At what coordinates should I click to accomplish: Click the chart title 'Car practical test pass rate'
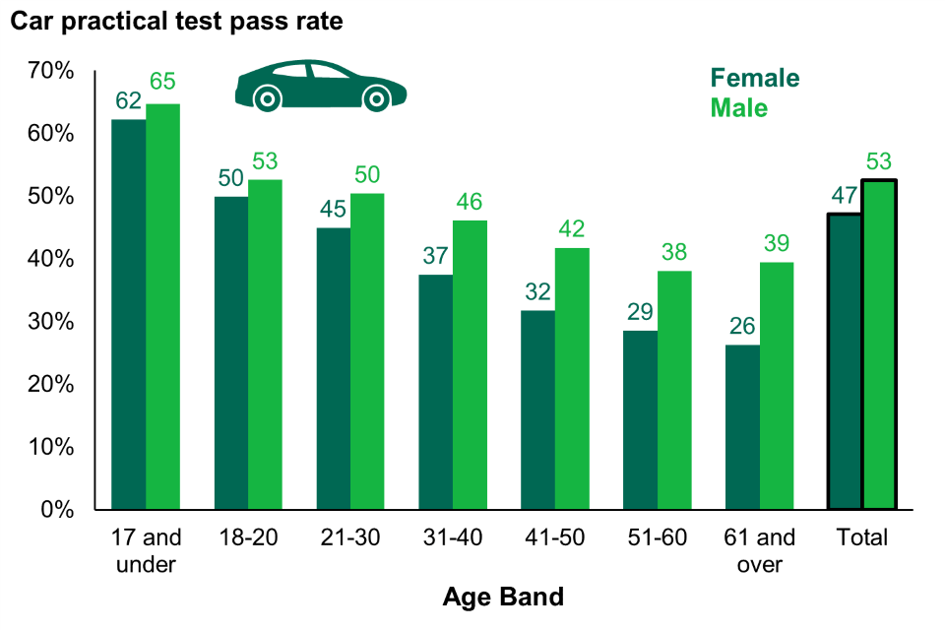pyautogui.click(x=176, y=23)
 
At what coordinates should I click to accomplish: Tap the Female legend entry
pyautogui.click(x=755, y=79)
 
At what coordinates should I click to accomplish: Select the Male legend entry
pyautogui.click(x=739, y=107)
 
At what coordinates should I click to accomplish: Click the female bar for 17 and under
pyautogui.click(x=129, y=314)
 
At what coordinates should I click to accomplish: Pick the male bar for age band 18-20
pyautogui.click(x=265, y=345)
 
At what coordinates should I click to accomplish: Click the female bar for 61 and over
pyautogui.click(x=743, y=427)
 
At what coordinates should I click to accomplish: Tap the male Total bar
pyautogui.click(x=879, y=345)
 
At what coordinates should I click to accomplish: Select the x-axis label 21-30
pyautogui.click(x=350, y=538)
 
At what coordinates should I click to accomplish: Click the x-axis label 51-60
pyautogui.click(x=658, y=538)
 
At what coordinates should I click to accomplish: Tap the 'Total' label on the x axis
pyautogui.click(x=862, y=538)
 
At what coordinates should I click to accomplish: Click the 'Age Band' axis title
pyautogui.click(x=503, y=597)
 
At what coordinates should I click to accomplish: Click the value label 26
pyautogui.click(x=743, y=325)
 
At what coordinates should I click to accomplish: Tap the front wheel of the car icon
pyautogui.click(x=375, y=98)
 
